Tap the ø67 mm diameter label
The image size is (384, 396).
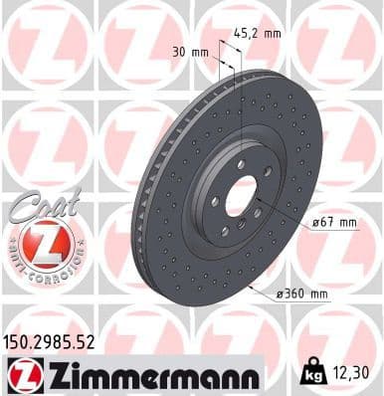(x=334, y=222)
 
